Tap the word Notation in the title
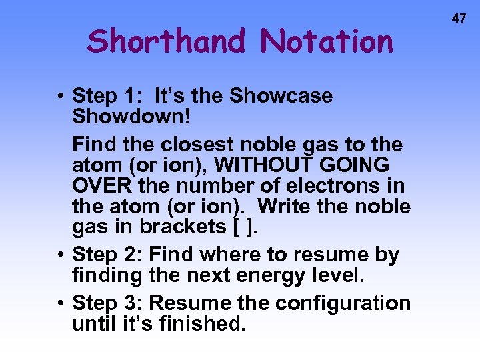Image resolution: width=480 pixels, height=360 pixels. tap(327, 41)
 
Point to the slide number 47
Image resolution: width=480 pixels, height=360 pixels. tap(459, 19)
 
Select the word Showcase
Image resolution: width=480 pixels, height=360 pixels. tap(281, 96)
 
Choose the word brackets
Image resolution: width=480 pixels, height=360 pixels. tap(182, 227)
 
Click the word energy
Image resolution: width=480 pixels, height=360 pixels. tap(263, 275)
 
